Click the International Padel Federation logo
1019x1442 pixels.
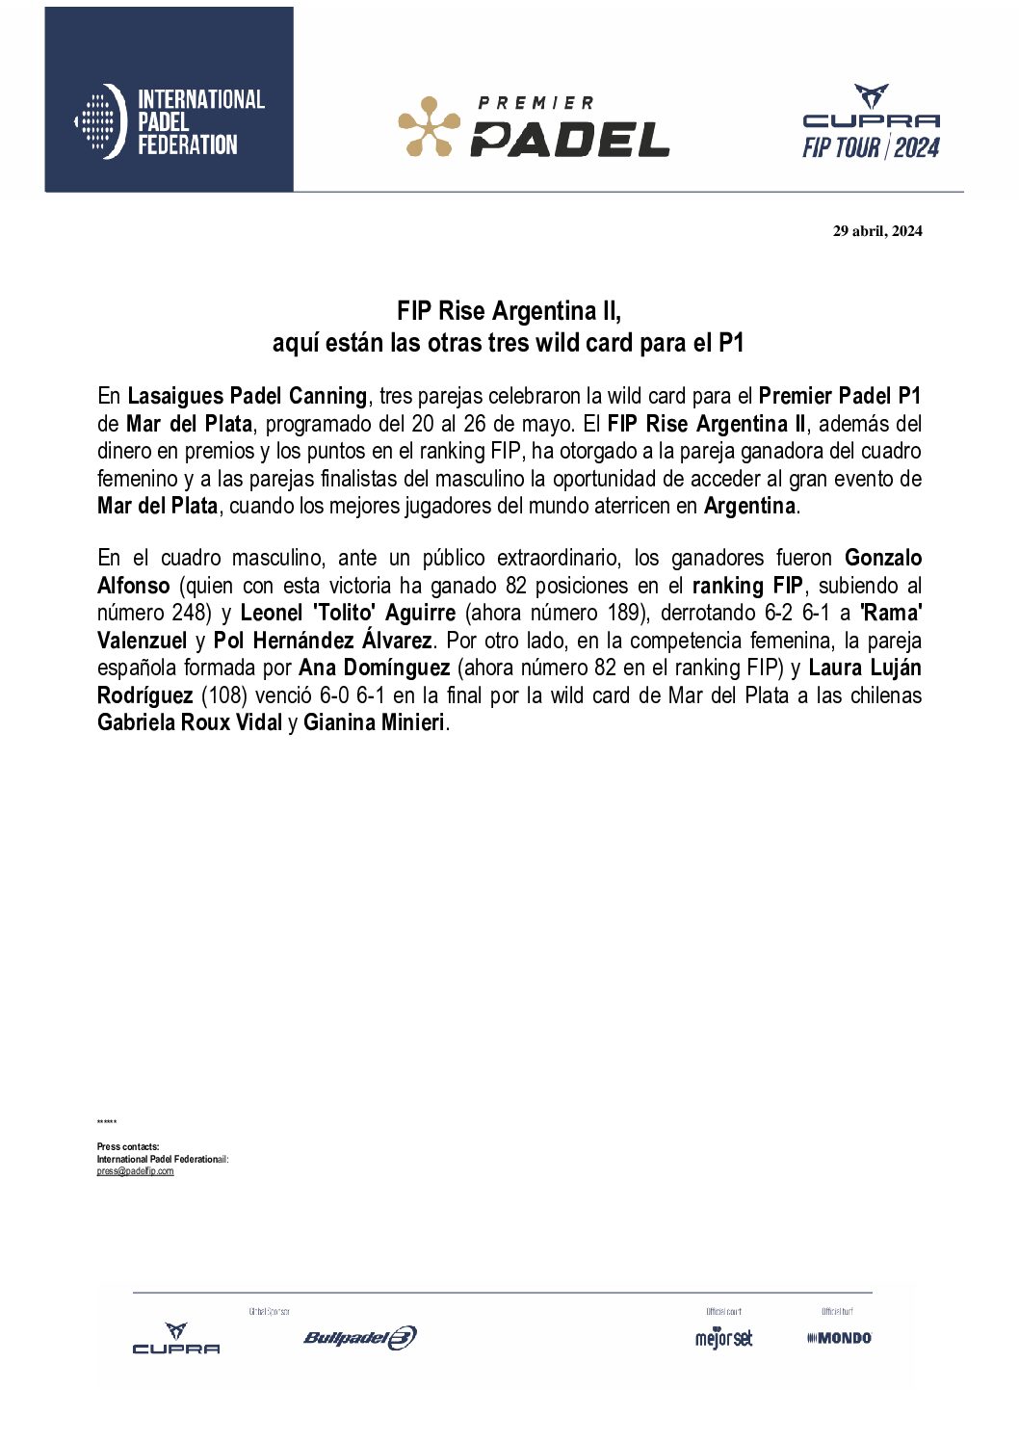(x=170, y=121)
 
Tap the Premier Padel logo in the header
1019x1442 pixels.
(x=534, y=126)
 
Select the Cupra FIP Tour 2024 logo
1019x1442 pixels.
(x=871, y=122)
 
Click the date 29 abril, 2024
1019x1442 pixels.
(x=877, y=230)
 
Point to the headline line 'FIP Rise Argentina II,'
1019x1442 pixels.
(x=509, y=311)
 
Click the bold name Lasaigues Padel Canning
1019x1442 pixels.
(x=248, y=396)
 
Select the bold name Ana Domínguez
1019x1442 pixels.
(x=375, y=668)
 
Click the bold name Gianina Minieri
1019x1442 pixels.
(x=374, y=722)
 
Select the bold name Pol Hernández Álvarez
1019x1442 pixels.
(x=323, y=641)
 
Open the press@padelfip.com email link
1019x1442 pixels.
(x=135, y=1171)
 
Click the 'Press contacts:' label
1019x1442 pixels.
(x=128, y=1147)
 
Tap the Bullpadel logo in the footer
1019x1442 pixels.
(x=359, y=1337)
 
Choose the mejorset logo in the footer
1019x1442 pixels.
(x=723, y=1338)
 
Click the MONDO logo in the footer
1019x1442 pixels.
(x=840, y=1338)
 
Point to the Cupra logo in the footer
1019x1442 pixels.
(x=176, y=1338)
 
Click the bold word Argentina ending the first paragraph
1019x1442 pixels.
(x=749, y=506)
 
